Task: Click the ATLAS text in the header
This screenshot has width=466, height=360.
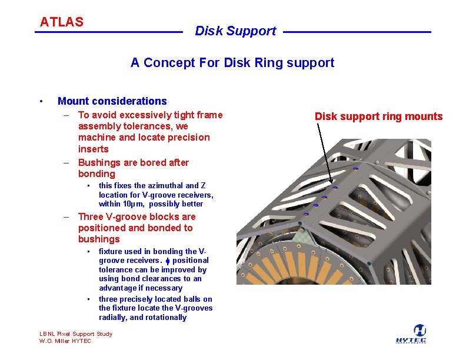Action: coord(62,22)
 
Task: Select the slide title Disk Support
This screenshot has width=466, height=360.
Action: coord(235,31)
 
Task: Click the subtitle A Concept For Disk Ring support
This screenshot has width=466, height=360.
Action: coord(232,63)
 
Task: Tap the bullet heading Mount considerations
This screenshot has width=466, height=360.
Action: coord(112,101)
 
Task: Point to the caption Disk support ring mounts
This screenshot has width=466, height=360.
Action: coord(378,116)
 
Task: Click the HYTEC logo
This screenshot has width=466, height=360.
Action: coord(420,334)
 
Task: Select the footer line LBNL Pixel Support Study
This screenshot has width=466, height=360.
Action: coord(75,334)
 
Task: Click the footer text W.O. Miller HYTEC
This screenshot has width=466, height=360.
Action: coord(65,341)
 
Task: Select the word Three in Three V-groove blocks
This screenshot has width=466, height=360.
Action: coord(92,216)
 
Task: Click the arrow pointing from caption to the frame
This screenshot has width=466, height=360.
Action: coord(326,153)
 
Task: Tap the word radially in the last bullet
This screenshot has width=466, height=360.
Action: coord(114,318)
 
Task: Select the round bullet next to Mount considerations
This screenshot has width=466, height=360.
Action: coord(40,101)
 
